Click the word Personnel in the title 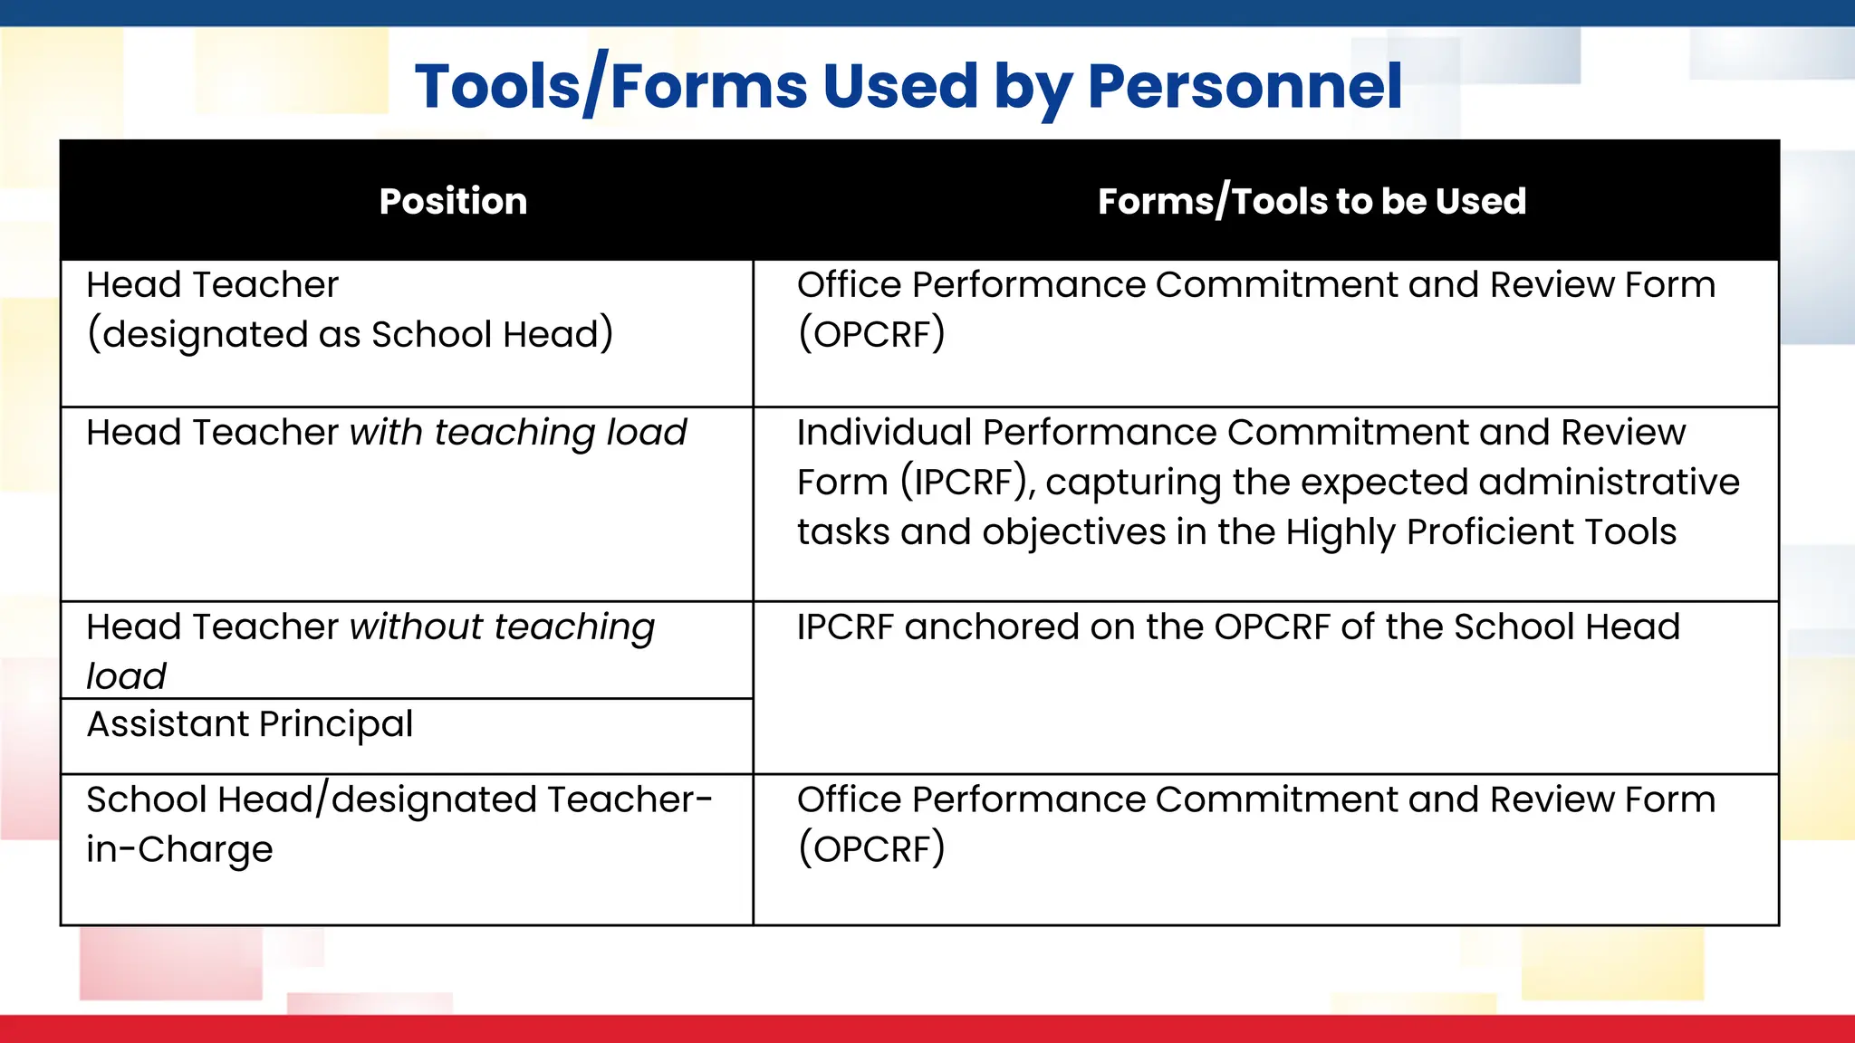point(1245,87)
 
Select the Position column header point(453,201)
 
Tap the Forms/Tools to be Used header point(1312,201)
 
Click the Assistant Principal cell point(250,724)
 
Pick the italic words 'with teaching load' point(518,433)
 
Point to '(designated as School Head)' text point(350,334)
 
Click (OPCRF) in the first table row point(871,334)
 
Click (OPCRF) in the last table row point(871,849)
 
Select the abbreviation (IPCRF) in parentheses point(966,483)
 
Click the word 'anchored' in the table point(991,627)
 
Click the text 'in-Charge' point(179,849)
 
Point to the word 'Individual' point(883,433)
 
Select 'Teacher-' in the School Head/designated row point(629,799)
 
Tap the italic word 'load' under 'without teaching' point(127,676)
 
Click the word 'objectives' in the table point(1073,532)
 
